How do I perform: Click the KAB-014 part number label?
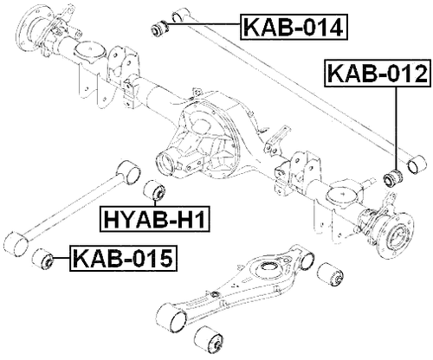294,27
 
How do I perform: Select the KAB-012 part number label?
378,76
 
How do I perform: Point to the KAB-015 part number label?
122,257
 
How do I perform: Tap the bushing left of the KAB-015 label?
44,258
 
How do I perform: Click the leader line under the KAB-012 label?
397,130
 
